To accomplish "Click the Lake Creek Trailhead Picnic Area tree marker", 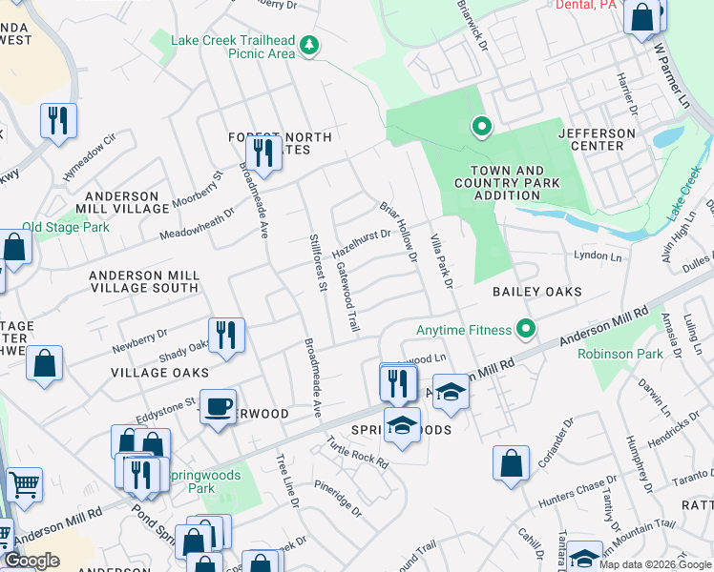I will [308, 45].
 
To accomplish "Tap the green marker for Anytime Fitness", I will [524, 331].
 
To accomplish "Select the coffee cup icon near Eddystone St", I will [218, 407].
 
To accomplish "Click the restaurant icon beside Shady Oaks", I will [226, 336].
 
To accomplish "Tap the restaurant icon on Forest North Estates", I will [262, 153].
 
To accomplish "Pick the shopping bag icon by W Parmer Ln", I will [643, 17].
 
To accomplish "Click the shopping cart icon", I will [24, 483].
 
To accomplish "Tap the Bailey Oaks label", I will [536, 291].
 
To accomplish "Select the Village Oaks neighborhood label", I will [153, 372].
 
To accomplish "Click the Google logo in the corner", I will [31, 561].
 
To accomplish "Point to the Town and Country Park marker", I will [483, 126].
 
